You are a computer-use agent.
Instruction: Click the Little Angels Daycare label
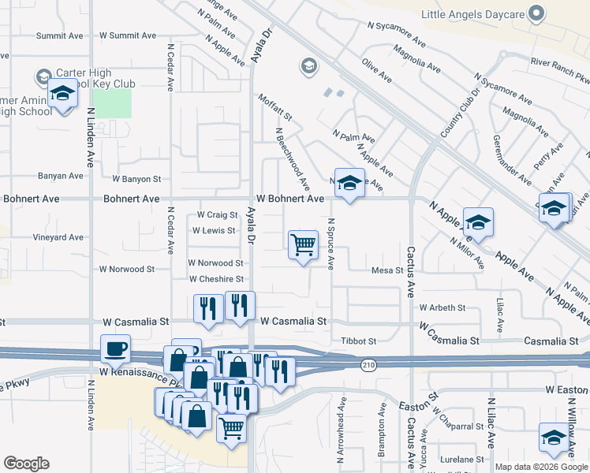472,14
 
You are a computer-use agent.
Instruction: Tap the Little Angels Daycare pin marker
537,13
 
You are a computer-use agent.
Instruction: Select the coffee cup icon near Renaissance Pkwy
115,348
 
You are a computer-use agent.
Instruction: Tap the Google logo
26,464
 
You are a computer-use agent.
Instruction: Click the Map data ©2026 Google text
541,467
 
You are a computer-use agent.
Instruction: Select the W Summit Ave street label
129,35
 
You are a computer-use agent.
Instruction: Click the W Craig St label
217,214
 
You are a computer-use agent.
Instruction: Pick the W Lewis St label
214,231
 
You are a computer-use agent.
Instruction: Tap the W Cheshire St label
216,279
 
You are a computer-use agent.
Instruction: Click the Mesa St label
387,270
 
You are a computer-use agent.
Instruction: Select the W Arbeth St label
442,307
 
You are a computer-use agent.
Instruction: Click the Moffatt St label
274,107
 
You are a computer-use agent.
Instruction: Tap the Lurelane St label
462,459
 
